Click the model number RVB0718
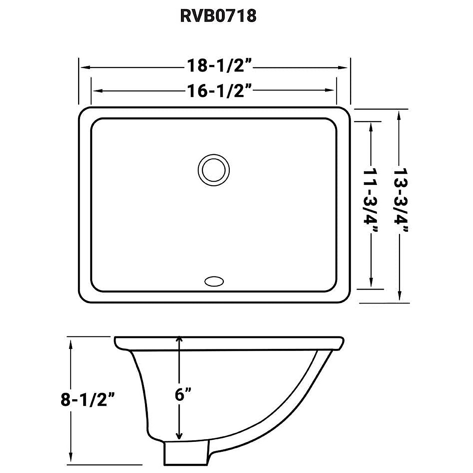[x=218, y=17]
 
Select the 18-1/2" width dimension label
[x=219, y=67]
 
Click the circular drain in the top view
[x=213, y=170]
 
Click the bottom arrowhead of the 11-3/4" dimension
[x=371, y=283]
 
